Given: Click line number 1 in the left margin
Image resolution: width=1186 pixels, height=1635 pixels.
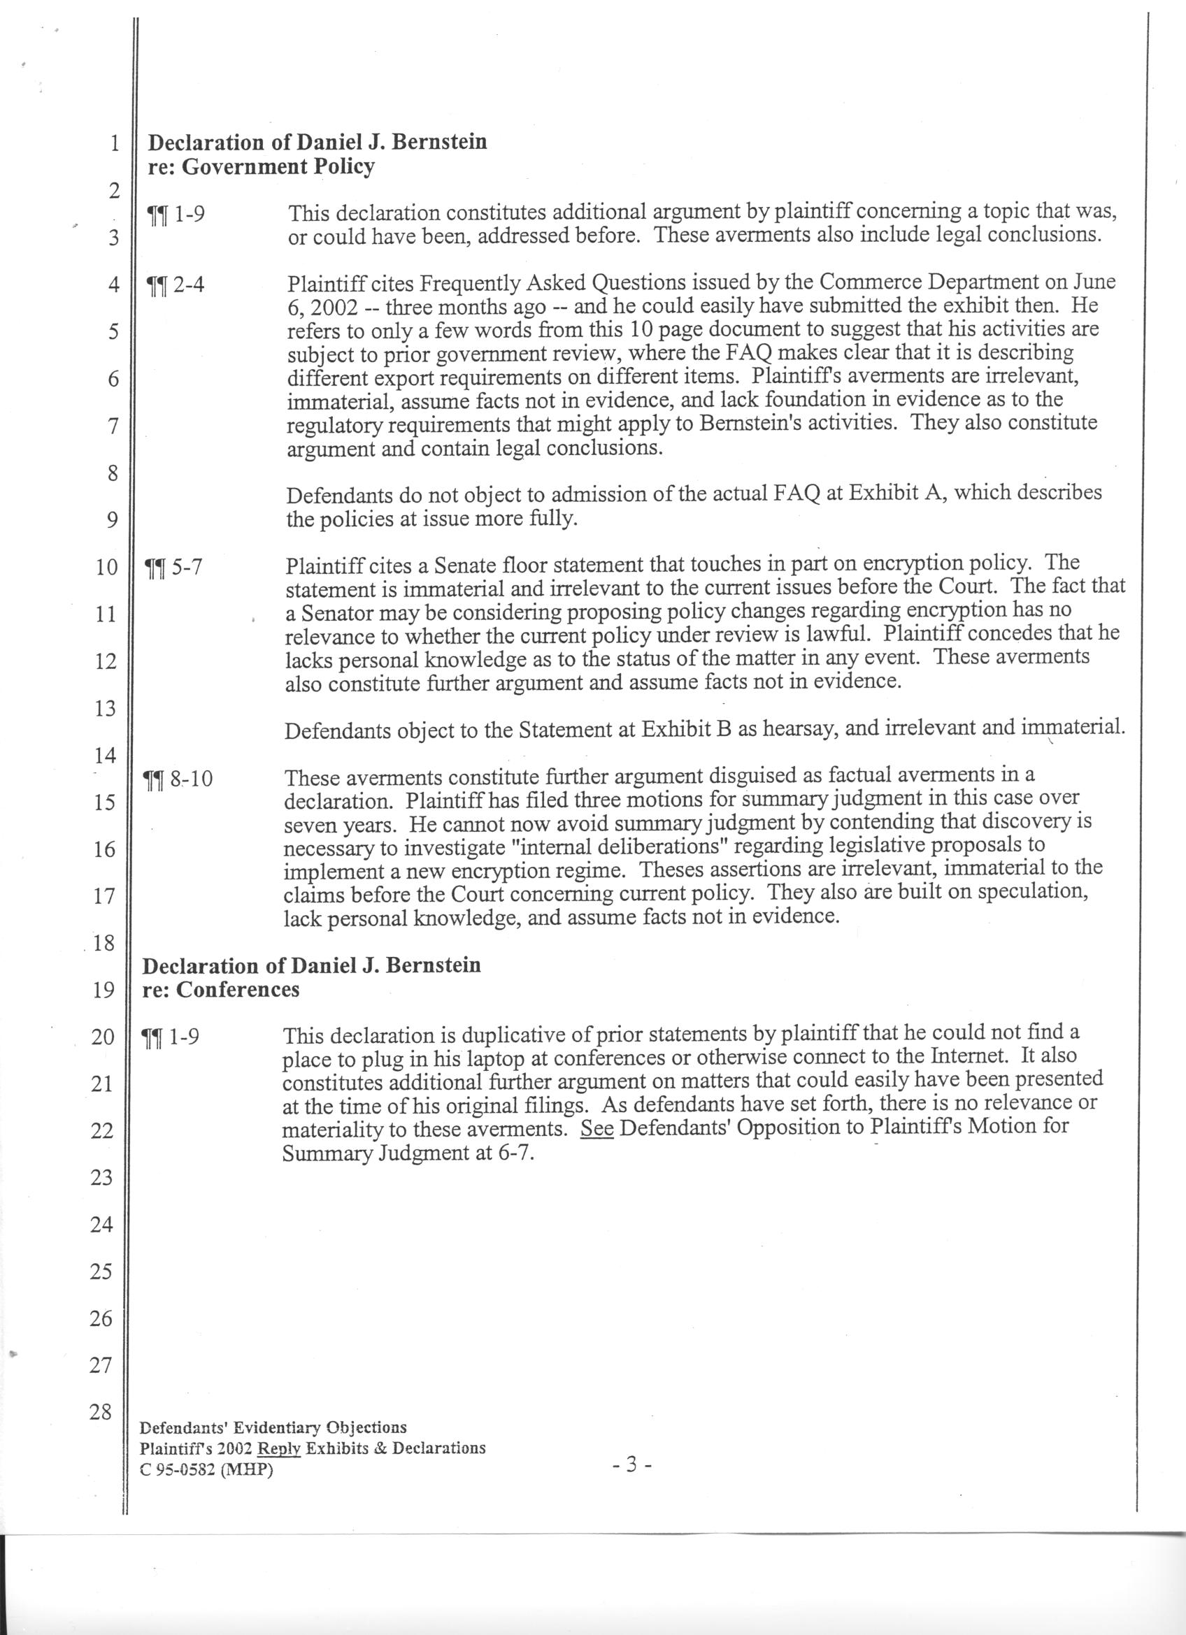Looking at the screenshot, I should click(x=114, y=143).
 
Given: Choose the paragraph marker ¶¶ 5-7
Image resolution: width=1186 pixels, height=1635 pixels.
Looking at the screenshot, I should click(x=173, y=568).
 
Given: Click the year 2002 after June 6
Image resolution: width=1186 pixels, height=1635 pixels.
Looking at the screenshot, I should click(x=343, y=307).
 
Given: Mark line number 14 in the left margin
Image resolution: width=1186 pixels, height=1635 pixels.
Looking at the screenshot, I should click(x=106, y=755).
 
